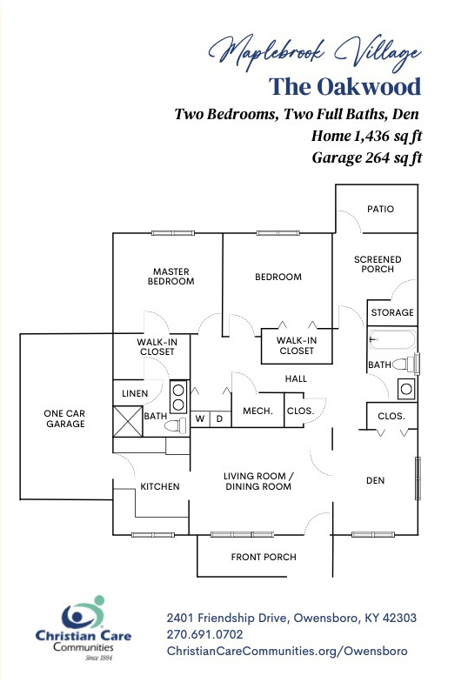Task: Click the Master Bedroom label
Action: pos(171,277)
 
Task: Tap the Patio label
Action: pos(380,209)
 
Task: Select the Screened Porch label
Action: pos(378,264)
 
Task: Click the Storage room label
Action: pos(392,312)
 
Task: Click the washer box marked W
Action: pos(200,418)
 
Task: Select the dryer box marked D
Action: pos(220,418)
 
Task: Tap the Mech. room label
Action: pos(258,411)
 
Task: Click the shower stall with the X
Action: pos(128,421)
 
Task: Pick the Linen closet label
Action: pos(135,393)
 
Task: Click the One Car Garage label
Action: pos(65,418)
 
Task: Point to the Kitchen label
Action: pos(160,486)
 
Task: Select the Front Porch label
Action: pos(264,557)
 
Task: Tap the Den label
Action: pos(375,480)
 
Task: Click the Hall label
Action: pos(296,378)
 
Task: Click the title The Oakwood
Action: pos(345,86)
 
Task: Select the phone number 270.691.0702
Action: pos(204,634)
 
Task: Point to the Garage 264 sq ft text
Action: pos(367,157)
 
